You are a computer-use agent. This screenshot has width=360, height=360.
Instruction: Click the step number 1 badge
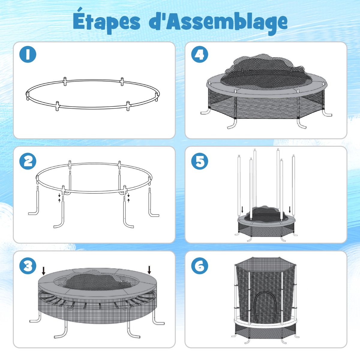tap(28, 54)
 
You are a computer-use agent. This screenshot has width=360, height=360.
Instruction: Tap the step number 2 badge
tap(28, 161)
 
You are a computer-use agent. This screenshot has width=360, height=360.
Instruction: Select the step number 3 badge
tap(28, 266)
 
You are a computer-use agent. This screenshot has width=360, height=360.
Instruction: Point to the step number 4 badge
tap(199, 54)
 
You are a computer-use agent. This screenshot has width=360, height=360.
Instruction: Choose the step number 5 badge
tap(199, 161)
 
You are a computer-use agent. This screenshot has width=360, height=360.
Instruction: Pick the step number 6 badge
tap(199, 266)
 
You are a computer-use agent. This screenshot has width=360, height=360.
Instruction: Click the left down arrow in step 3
tap(43, 271)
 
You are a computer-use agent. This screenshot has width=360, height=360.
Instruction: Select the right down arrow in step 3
tap(149, 270)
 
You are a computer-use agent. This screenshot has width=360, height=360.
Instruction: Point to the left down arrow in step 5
tap(242, 210)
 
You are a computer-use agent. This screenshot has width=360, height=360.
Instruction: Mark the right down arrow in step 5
tap(290, 210)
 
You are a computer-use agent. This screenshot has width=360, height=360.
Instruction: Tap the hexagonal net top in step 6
tap(265, 263)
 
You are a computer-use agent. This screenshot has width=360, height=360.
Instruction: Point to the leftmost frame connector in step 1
tap(28, 96)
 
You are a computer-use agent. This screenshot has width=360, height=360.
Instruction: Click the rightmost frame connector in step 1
tap(157, 97)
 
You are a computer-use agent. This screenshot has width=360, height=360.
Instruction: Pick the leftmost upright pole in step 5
tap(239, 187)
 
